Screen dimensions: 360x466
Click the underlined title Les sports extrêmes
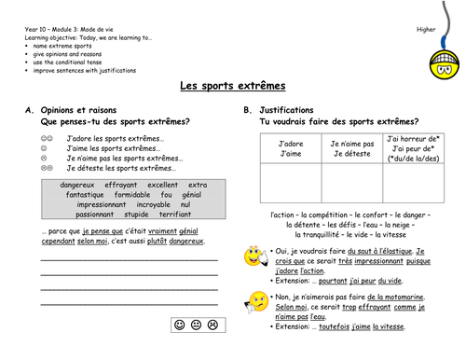[x=233, y=86]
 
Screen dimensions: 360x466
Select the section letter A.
[x=29, y=110]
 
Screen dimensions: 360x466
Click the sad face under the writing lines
[x=213, y=324]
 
